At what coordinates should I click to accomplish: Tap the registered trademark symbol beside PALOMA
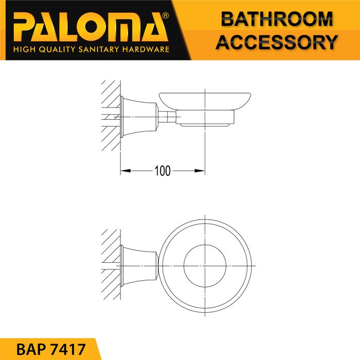(x=165, y=15)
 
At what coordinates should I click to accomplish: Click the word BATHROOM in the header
(x=277, y=19)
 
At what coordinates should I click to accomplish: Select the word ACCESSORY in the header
(x=277, y=42)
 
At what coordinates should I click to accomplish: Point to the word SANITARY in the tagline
(x=99, y=49)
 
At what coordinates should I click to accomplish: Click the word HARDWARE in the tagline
(x=146, y=49)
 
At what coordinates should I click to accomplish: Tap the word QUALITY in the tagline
(x=57, y=49)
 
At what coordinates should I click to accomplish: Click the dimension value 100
(x=163, y=171)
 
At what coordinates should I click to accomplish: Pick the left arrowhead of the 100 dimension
(x=125, y=171)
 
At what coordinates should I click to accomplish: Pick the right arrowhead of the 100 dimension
(x=200, y=171)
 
